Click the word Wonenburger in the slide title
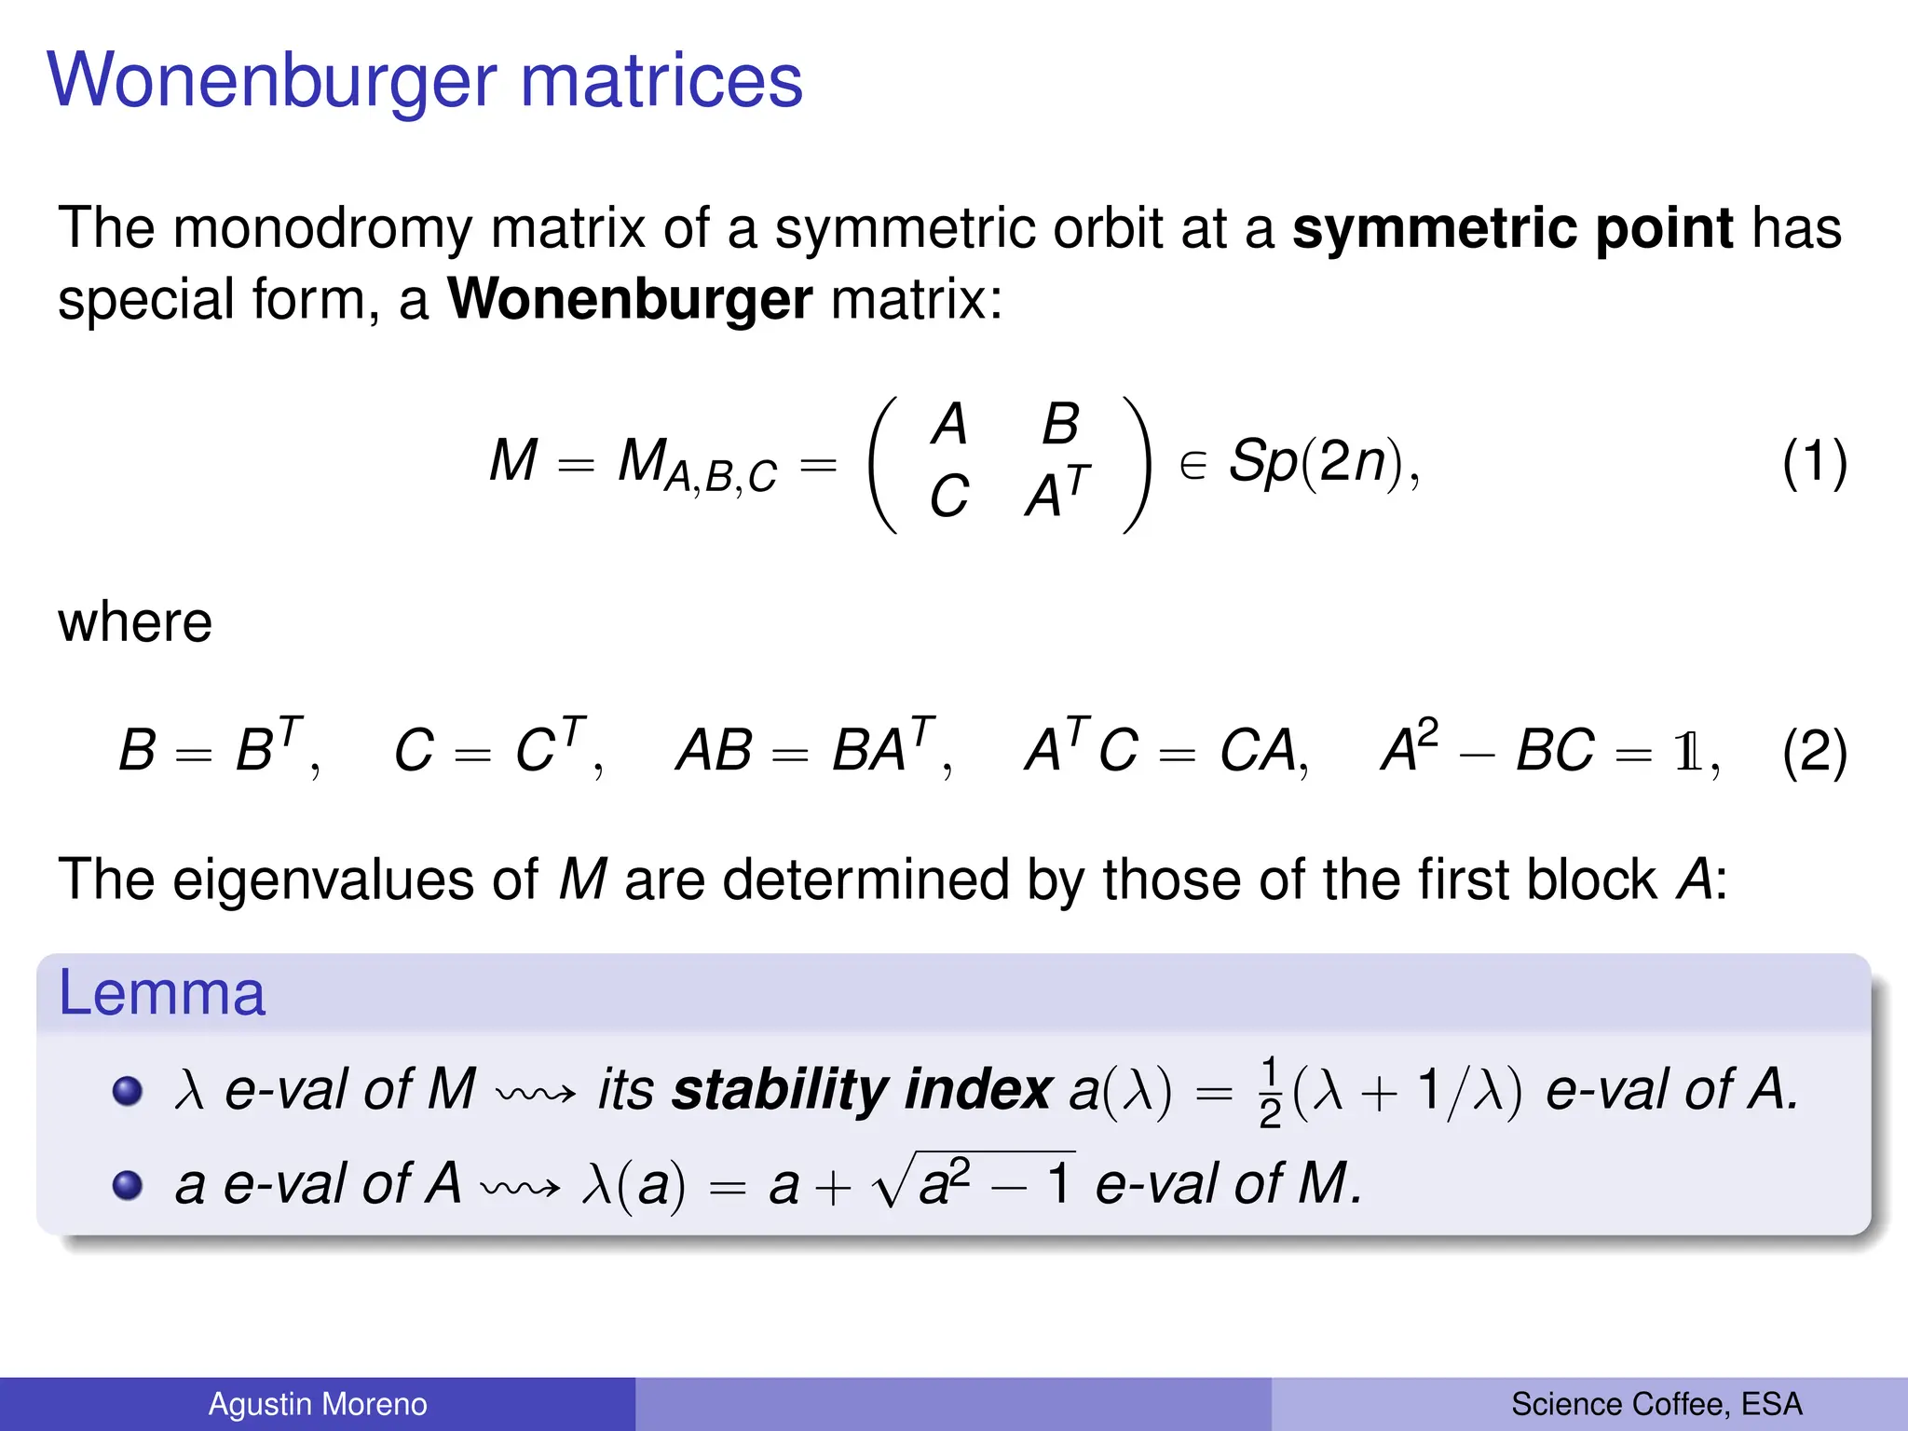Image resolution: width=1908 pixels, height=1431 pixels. (271, 82)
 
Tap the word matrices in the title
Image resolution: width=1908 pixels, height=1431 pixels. (661, 82)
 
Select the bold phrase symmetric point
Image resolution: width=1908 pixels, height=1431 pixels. (1512, 228)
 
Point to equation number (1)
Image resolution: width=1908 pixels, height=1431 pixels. (1814, 463)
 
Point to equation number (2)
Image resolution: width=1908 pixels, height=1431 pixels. (1814, 752)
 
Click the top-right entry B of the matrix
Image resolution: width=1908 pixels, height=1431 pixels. (1060, 425)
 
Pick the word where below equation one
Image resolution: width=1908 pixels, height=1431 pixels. (135, 622)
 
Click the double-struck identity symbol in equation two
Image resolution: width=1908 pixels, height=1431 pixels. (1687, 752)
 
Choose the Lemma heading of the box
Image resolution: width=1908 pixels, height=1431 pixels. (161, 993)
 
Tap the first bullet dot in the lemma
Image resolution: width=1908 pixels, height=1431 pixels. (127, 1090)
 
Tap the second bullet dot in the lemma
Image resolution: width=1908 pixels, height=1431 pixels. (127, 1185)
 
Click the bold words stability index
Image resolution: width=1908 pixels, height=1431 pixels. (862, 1089)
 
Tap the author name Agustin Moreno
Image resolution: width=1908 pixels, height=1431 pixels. (318, 1404)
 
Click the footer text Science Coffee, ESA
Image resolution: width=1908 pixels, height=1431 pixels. (1656, 1404)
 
